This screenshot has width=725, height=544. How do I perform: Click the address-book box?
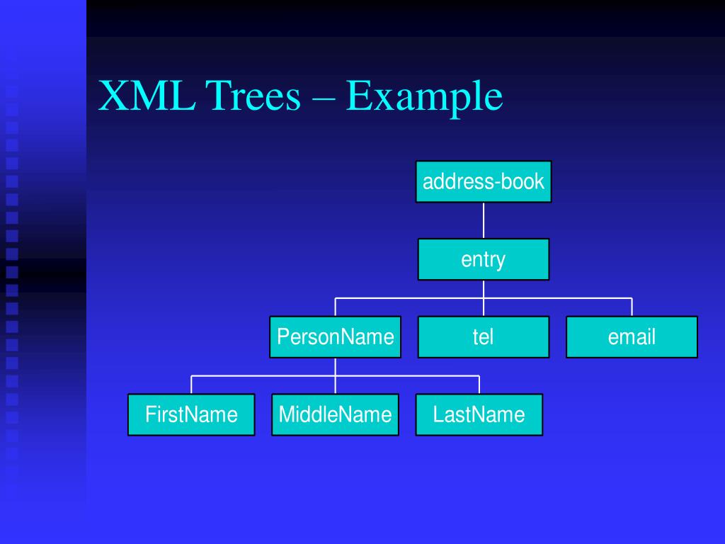point(483,181)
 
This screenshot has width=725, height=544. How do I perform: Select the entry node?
point(483,259)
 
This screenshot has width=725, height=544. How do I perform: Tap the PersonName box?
point(335,336)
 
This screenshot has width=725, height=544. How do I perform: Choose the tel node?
point(483,336)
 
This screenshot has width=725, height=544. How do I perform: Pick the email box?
point(632,336)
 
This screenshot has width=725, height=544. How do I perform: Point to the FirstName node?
point(191,414)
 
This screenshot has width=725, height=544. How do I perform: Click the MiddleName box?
point(335,414)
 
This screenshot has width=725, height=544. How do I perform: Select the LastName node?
point(479,414)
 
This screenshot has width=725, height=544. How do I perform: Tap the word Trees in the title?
point(254,96)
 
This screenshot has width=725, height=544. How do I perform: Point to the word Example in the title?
point(424,98)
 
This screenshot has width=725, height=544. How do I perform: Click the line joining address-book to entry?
point(484,220)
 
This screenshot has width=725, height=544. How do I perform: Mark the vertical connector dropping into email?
point(632,307)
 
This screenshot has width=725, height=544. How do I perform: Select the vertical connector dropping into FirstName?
point(191,385)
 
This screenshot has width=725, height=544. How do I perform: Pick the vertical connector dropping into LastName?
point(479,385)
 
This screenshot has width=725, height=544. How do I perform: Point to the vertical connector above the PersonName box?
point(336,307)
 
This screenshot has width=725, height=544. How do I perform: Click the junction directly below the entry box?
point(484,298)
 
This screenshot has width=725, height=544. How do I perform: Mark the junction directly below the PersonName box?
point(336,375)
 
